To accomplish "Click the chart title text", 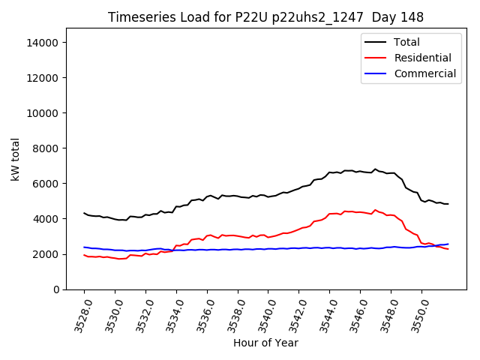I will [265, 17].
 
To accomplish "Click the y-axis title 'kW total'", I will [16, 159].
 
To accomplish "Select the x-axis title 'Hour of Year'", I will [265, 343].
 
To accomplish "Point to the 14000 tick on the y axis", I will [43, 43].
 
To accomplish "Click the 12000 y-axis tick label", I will [43, 78].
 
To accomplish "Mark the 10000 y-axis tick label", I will [43, 113].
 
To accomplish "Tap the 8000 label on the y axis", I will [46, 148].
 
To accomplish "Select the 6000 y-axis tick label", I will [46, 184].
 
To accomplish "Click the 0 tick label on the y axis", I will [55, 289].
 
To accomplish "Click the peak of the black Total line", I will [376, 169].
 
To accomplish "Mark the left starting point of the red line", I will [84, 255].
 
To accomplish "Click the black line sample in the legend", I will [374, 42].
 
